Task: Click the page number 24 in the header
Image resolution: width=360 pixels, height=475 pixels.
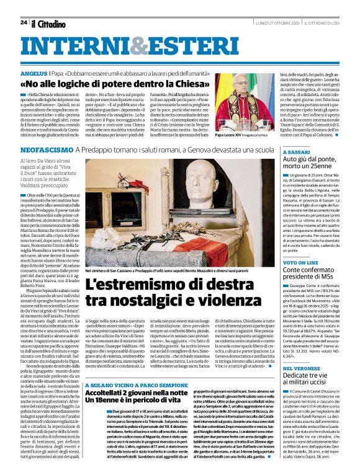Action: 23,22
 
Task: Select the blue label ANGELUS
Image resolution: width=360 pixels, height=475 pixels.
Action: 34,73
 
